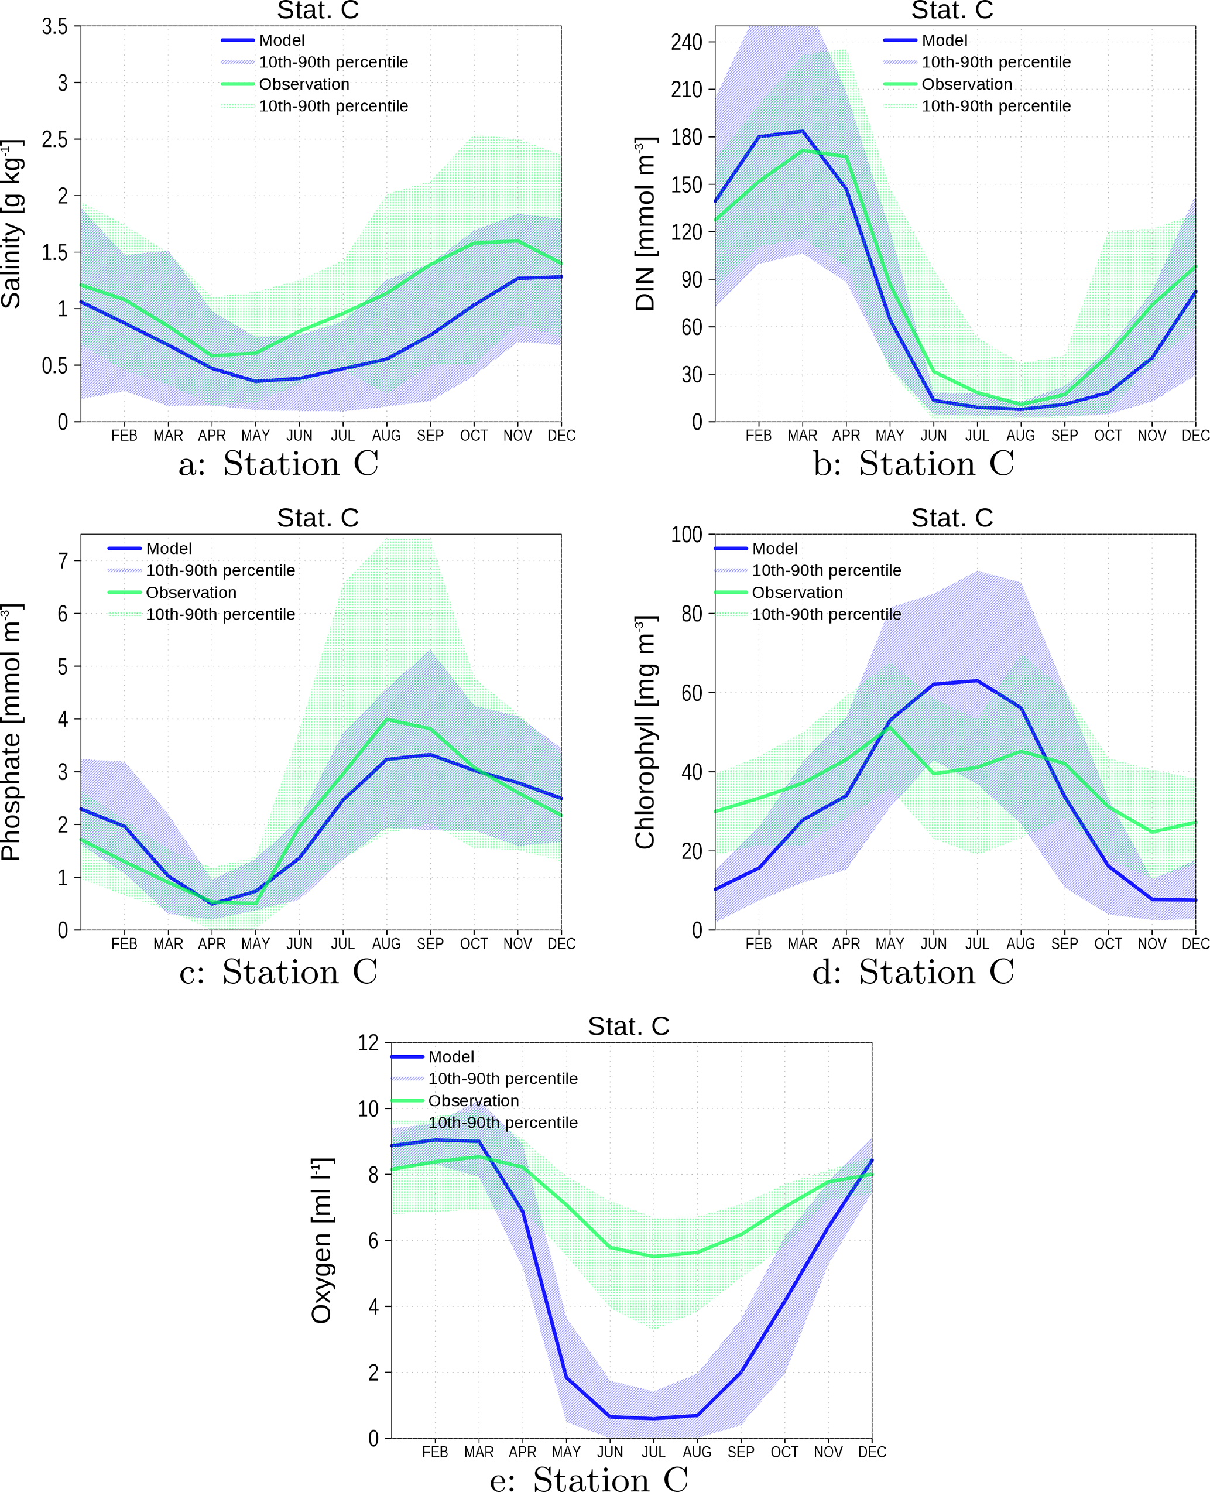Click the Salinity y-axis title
click(x=11, y=223)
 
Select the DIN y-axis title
click(x=646, y=223)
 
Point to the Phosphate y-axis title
click(x=11, y=732)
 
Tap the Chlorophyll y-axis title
click(x=646, y=732)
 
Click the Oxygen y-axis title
click(x=322, y=1240)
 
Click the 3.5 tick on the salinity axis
click(x=55, y=26)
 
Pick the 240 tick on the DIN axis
click(x=687, y=42)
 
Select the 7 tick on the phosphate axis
click(x=63, y=560)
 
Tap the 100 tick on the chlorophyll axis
click(x=687, y=535)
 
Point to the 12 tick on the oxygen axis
click(x=368, y=1043)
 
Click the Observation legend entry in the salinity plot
click(x=304, y=84)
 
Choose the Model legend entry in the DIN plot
click(x=944, y=40)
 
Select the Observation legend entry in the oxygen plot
click(x=473, y=1101)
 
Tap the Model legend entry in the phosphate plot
click(x=169, y=549)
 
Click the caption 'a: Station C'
click(x=278, y=464)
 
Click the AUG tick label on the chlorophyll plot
click(x=1020, y=944)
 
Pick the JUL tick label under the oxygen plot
click(x=653, y=1452)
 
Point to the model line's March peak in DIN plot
click(x=802, y=131)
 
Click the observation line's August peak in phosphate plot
click(x=387, y=720)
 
